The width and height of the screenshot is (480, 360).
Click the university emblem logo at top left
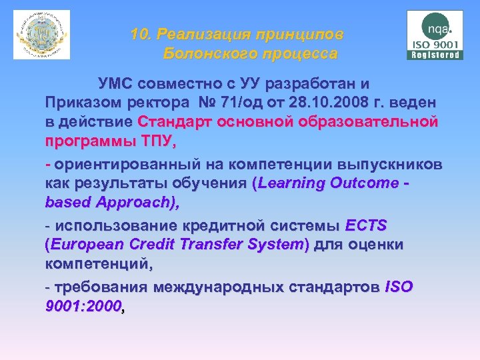41,35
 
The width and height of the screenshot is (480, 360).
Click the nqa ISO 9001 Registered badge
435,35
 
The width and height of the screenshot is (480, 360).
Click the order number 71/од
235,103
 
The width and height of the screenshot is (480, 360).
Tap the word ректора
150,103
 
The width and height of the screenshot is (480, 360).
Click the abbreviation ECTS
366,226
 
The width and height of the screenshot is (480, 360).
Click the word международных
221,287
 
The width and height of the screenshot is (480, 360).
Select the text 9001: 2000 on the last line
83,306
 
